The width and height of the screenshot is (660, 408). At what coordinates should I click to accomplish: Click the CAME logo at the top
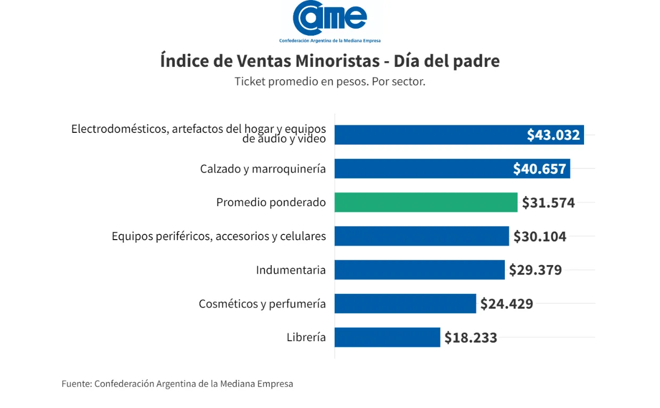pyautogui.click(x=330, y=21)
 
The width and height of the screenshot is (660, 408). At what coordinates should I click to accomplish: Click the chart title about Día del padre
pyautogui.click(x=330, y=61)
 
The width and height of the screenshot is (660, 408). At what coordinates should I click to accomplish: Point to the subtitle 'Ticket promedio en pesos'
pyautogui.click(x=330, y=82)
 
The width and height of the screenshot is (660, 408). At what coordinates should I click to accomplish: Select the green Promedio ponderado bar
pyautogui.click(x=426, y=202)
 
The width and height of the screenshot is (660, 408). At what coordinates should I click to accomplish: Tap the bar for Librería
pyautogui.click(x=387, y=337)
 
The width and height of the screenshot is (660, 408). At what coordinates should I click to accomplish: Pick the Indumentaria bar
pyautogui.click(x=419, y=270)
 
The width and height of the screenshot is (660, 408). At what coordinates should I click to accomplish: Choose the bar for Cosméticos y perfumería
pyautogui.click(x=405, y=303)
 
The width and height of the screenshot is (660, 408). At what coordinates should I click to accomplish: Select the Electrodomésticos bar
pyautogui.click(x=425, y=135)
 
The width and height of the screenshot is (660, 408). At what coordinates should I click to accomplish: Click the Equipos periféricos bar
pyautogui.click(x=421, y=236)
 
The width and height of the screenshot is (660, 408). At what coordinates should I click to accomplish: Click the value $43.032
pyautogui.click(x=553, y=135)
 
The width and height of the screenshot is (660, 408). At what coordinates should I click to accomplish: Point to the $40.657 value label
pyautogui.click(x=539, y=169)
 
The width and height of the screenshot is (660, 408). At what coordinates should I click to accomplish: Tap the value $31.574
pyautogui.click(x=548, y=202)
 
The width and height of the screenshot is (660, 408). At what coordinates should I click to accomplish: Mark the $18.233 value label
pyautogui.click(x=471, y=337)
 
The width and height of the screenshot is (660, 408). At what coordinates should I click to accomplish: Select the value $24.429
pyautogui.click(x=506, y=303)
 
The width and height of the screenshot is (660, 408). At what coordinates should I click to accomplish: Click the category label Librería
pyautogui.click(x=306, y=337)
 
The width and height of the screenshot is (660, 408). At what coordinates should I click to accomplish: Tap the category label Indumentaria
pyautogui.click(x=291, y=270)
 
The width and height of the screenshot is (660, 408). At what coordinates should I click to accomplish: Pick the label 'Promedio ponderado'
pyautogui.click(x=271, y=202)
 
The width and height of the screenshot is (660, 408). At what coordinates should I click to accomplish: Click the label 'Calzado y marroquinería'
pyautogui.click(x=263, y=169)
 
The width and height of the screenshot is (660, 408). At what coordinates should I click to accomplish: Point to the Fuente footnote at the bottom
pyautogui.click(x=177, y=384)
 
